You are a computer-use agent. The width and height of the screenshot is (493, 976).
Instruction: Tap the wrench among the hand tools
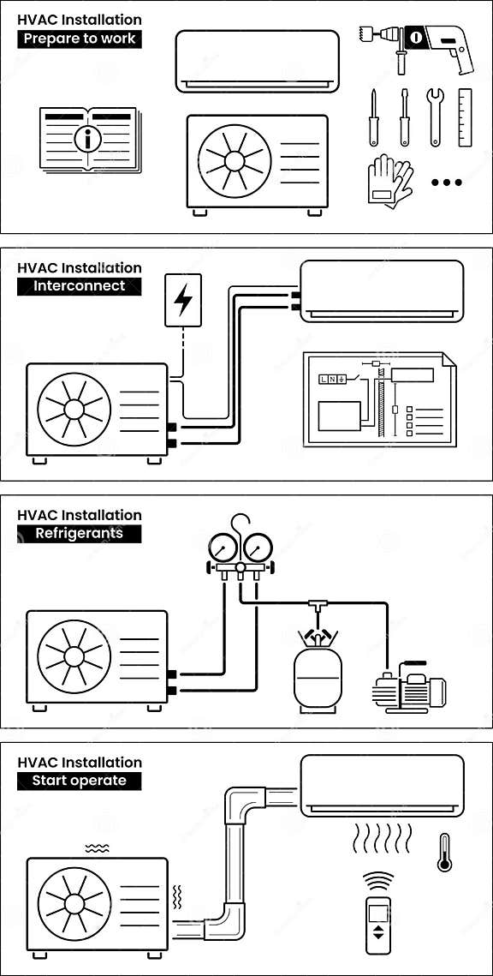coord(435,116)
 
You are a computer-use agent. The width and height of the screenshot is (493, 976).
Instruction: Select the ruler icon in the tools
coord(465,117)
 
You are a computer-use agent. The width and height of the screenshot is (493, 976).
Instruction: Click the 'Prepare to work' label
coord(80,39)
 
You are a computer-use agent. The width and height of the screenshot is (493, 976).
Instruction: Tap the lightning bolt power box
coord(183,300)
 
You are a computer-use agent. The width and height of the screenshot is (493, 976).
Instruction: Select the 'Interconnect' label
coord(80,286)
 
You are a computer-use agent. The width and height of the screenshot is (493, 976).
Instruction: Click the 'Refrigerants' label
coord(80,533)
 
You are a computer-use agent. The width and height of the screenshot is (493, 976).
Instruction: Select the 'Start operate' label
coord(80,781)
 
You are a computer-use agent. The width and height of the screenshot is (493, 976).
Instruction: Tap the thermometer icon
coord(444,853)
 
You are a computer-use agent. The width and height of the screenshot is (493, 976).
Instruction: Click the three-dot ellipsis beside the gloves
coord(446,183)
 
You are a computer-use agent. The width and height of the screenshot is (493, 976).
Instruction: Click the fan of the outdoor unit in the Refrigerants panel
coord(74,656)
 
